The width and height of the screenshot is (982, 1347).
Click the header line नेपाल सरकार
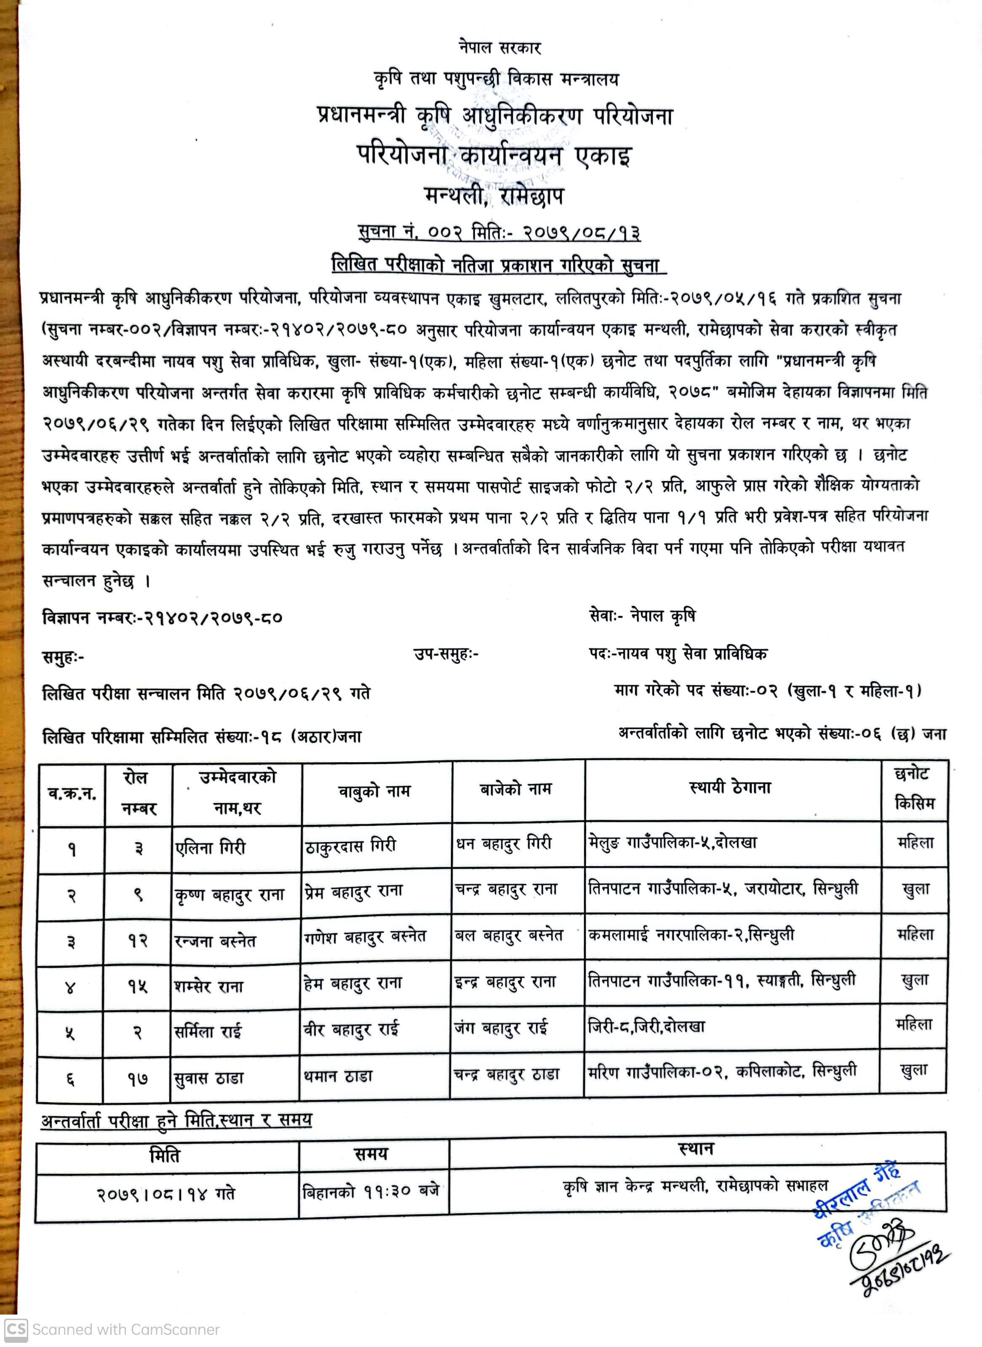tap(499, 48)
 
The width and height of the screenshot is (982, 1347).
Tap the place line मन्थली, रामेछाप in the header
tap(494, 195)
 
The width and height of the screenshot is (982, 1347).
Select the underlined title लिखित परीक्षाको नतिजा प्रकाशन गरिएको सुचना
tap(499, 265)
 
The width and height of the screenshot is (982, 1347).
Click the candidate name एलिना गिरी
tap(211, 847)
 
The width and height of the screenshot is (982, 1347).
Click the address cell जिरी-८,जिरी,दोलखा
tap(646, 1026)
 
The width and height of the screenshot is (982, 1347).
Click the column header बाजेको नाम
tap(515, 790)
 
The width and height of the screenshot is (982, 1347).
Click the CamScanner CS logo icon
tap(16, 1330)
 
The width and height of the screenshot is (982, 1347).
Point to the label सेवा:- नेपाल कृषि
tap(642, 616)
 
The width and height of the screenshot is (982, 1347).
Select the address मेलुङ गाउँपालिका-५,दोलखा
tap(672, 843)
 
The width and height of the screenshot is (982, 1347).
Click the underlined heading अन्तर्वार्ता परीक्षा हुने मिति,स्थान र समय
tap(176, 1120)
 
